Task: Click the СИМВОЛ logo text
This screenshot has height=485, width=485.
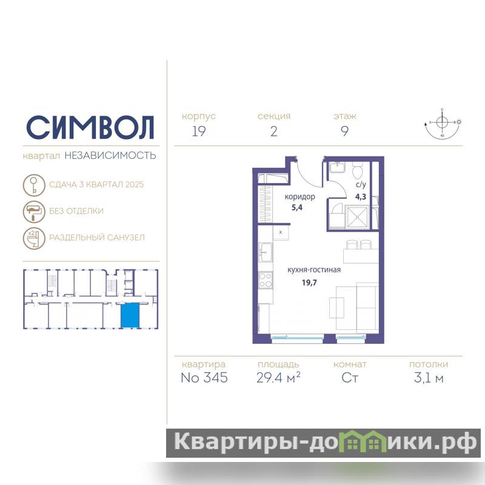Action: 90,127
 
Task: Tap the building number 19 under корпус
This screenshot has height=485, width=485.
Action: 199,131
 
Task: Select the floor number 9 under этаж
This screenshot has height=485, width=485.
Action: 344,131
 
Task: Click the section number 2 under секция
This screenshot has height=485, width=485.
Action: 274,131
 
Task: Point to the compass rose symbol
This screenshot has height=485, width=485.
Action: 443,124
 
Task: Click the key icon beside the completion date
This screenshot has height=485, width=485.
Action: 34,185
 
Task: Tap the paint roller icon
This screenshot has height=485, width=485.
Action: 34,212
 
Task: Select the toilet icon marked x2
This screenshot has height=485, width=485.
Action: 34,238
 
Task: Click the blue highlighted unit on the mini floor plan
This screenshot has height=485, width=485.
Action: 130,315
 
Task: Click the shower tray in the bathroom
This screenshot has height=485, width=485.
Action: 357,217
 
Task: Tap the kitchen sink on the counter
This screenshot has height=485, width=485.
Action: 266,252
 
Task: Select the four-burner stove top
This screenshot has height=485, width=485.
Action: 266,279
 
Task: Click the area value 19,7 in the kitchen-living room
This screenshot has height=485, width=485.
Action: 309,283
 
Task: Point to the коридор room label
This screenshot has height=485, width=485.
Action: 299,196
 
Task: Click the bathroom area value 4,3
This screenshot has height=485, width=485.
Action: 361,196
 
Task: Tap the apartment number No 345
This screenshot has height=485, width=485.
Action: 204,378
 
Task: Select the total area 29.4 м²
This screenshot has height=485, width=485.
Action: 278,377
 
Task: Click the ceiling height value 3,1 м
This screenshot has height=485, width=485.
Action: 429,378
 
